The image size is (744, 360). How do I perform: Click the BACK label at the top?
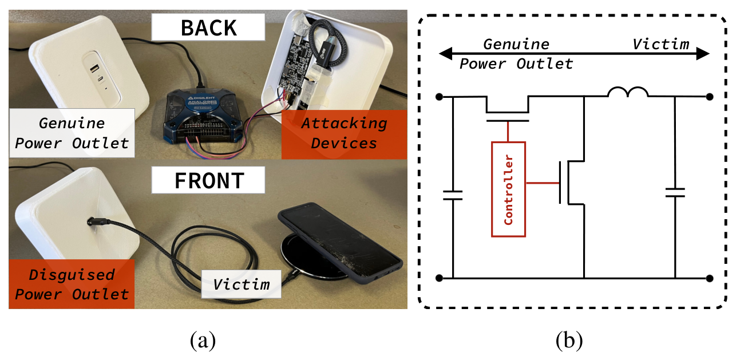pos(208,27)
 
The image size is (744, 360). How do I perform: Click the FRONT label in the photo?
pos(208,180)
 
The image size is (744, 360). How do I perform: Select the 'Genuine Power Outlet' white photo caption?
pos(72,132)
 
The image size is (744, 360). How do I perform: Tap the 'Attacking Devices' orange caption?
pos(344,132)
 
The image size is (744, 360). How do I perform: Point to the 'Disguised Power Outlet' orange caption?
pos(72,284)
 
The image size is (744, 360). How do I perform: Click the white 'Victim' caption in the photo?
pos(241,284)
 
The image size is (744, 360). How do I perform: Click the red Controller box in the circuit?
pos(508,189)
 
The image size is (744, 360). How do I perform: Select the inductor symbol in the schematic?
pos(628,93)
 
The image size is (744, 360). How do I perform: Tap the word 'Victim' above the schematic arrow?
pos(660,44)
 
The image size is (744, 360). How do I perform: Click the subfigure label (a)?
pos(203,341)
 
